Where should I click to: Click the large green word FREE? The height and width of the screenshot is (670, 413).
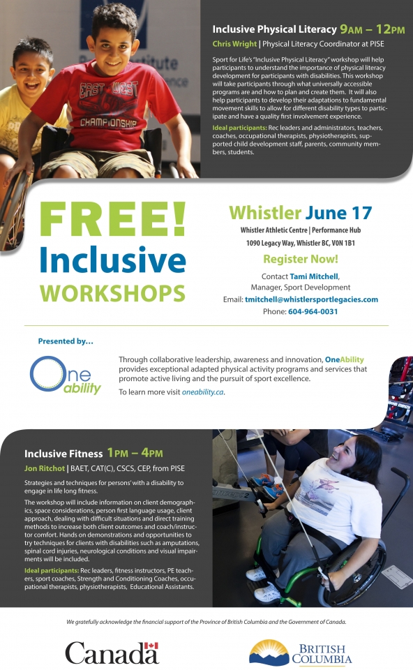(113, 220)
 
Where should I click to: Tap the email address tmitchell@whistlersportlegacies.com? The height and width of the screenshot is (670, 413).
(311, 299)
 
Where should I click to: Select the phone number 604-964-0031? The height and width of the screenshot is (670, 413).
(313, 311)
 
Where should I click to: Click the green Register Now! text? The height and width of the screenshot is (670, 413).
(301, 259)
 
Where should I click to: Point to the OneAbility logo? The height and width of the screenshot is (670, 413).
(66, 375)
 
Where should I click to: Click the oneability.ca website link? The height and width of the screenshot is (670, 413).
(203, 392)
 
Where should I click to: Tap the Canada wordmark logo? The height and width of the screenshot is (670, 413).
(112, 653)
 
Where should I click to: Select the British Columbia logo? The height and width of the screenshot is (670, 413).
(300, 653)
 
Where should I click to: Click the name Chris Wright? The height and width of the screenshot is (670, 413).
(234, 44)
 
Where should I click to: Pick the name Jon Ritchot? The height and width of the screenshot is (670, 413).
(45, 468)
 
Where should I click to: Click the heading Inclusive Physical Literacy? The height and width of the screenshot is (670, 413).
(275, 29)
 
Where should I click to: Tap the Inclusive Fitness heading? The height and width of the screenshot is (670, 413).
(63, 454)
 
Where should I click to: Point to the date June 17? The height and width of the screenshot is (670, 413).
(338, 213)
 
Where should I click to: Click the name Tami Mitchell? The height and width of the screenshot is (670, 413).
(314, 276)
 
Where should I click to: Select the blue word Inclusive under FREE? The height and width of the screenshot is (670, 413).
(113, 260)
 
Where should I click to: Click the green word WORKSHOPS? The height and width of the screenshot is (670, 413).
(113, 293)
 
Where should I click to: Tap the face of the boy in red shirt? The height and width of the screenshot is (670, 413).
(113, 41)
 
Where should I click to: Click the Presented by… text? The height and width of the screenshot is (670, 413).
(66, 341)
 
